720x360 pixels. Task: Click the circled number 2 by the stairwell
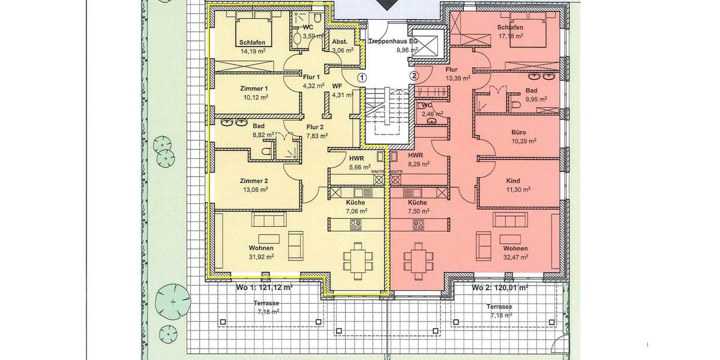coord(413,76)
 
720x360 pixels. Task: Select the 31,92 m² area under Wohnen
coord(262,256)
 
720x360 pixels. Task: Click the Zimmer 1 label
coord(253,88)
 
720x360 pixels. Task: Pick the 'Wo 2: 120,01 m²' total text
coord(499,288)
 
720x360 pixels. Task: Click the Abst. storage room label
coord(340,43)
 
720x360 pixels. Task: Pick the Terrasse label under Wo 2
coord(499,306)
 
